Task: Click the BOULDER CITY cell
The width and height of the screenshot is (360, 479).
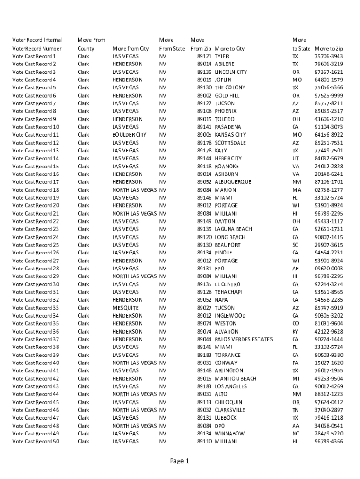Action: pyautogui.click(x=129, y=135)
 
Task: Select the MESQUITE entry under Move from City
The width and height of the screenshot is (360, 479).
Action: pyautogui.click(x=125, y=308)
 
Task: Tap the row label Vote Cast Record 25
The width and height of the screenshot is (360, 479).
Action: pyautogui.click(x=36, y=245)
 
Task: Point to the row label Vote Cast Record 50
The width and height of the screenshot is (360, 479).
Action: pyautogui.click(x=36, y=441)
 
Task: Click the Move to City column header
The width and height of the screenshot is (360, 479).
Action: pyautogui.click(x=230, y=48)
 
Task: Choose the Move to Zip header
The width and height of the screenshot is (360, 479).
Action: pyautogui.click(x=329, y=48)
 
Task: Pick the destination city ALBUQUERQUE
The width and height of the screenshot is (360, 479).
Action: pyautogui.click(x=233, y=182)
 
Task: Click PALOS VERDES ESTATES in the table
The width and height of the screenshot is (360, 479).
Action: pyautogui.click(x=244, y=339)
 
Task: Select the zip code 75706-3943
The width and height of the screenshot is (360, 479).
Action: pyautogui.click(x=329, y=56)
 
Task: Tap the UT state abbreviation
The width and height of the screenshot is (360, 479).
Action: pyautogui.click(x=295, y=158)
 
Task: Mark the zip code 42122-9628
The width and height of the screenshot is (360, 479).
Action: pyautogui.click(x=329, y=331)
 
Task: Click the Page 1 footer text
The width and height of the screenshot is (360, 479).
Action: pyautogui.click(x=180, y=461)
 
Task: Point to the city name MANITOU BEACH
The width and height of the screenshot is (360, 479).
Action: pyautogui.click(x=235, y=378)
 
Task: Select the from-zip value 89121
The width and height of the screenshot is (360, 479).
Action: pyautogui.click(x=204, y=56)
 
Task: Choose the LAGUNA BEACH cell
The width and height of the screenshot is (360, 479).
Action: pyautogui.click(x=233, y=229)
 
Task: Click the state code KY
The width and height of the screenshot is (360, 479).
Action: pyautogui.click(x=295, y=331)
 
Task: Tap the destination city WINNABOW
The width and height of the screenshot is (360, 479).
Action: pyautogui.click(x=229, y=434)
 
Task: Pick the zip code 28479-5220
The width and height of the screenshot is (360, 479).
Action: pyautogui.click(x=329, y=434)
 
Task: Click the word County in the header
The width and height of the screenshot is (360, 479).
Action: pyautogui.click(x=86, y=48)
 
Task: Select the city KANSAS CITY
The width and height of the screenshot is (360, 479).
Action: pyautogui.click(x=230, y=135)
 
